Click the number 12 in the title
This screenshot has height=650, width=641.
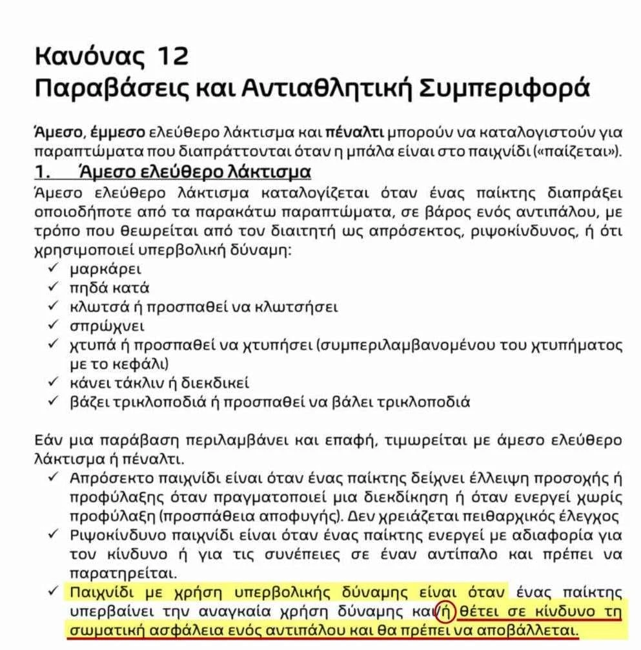[x=172, y=56]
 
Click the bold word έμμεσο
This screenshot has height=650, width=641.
[x=118, y=134]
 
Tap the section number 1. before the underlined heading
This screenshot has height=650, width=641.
[x=42, y=173]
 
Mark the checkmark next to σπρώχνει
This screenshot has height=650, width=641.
[x=54, y=326]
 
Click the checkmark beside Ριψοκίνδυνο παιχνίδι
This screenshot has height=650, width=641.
[x=54, y=536]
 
